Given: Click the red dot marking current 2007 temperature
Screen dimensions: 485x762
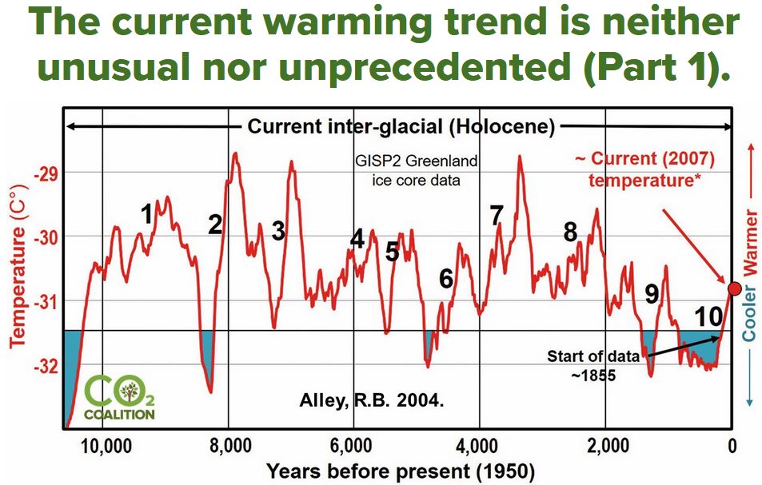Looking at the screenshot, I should [x=734, y=288].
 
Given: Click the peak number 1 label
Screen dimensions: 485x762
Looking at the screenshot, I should [x=147, y=213].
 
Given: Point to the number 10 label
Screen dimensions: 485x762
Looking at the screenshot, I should [x=708, y=316].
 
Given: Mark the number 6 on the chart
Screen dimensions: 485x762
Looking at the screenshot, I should [x=446, y=278].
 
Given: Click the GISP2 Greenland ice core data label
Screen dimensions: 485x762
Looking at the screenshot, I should [x=417, y=170].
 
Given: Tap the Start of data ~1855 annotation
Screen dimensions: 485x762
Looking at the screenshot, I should [x=593, y=365].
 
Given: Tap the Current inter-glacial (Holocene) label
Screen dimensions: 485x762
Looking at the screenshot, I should [x=400, y=126].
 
